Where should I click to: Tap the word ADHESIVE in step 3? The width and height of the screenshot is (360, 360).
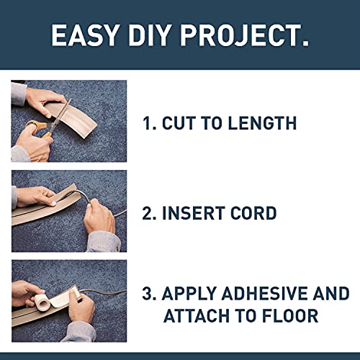[274, 293]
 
